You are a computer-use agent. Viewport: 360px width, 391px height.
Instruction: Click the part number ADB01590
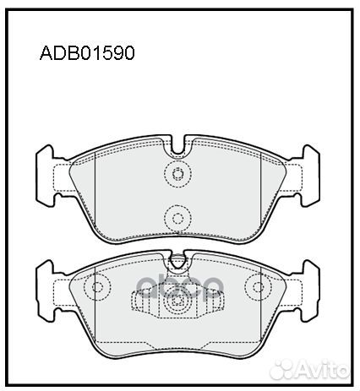pos(87,52)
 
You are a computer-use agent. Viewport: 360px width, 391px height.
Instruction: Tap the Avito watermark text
pos(323,368)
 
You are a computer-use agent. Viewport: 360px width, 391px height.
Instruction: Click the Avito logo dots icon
pos(282,369)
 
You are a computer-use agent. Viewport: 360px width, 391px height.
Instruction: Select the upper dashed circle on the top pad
pos(177,174)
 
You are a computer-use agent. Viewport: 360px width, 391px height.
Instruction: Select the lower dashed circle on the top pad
pos(177,218)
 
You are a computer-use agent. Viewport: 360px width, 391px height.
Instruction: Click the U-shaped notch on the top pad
pos(177,146)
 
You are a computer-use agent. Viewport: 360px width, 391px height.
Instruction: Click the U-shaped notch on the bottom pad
pos(177,259)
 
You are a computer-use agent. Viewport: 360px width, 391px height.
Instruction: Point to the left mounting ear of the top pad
pos(45,176)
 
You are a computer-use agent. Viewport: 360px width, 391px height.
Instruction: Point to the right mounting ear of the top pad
pos(310,176)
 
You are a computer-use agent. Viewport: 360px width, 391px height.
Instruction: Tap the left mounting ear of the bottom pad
pos(45,291)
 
